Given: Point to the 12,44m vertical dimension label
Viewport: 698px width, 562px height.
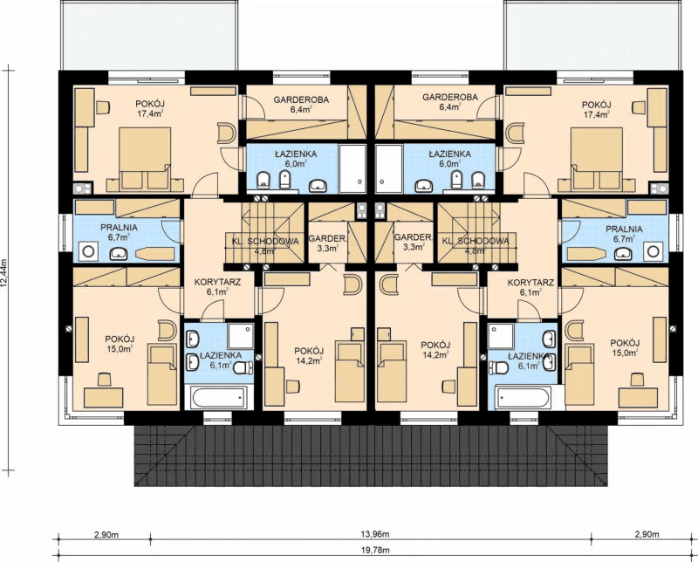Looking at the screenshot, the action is (x=5, y=274).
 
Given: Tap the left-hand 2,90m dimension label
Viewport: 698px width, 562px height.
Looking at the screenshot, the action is (x=106, y=534).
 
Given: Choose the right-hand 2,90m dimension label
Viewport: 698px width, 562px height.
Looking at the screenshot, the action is (x=647, y=534).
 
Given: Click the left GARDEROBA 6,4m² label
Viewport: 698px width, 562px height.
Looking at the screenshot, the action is (x=301, y=104).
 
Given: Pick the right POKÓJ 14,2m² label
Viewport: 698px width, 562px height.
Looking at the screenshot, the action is (x=435, y=350).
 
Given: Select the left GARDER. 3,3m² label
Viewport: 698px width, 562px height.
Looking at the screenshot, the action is (x=327, y=243).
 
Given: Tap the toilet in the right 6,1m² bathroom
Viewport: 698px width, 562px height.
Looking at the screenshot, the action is (x=498, y=368).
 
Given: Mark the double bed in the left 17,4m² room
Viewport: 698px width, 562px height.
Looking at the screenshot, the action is (x=145, y=158).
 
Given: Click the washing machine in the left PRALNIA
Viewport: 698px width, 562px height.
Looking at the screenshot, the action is (x=89, y=251).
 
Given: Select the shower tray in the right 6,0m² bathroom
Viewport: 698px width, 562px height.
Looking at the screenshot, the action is (x=389, y=169).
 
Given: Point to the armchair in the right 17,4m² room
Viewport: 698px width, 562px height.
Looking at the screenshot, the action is (x=515, y=134).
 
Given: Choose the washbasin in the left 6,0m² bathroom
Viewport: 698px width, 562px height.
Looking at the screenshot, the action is (x=317, y=184).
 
